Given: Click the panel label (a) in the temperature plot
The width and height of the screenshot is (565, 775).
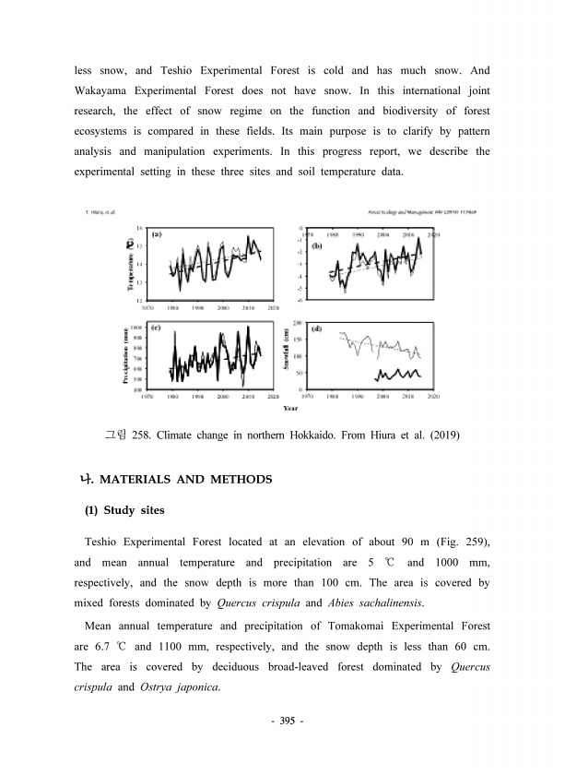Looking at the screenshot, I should (158, 234).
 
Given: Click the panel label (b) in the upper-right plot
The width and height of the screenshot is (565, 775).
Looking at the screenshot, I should (318, 246).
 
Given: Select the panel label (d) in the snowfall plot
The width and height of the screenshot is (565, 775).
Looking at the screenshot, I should (317, 329).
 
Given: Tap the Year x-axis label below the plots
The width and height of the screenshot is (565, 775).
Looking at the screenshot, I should (290, 407).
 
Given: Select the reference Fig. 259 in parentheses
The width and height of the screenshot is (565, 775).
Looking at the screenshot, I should (461, 540).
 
